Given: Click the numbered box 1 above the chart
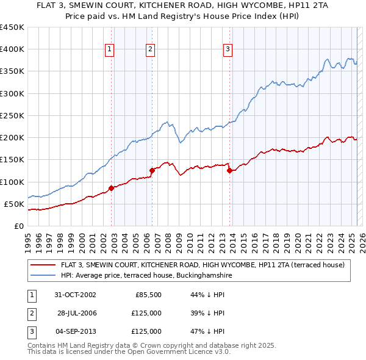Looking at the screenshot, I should [109, 49].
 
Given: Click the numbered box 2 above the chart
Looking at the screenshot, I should [150, 49].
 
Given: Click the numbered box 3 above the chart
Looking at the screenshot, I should [228, 49].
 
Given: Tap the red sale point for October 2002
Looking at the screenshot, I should [112, 188].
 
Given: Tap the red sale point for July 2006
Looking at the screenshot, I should [152, 171].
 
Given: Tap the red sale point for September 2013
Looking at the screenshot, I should [229, 171].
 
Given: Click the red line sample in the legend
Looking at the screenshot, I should [43, 265].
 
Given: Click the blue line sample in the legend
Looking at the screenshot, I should [43, 275].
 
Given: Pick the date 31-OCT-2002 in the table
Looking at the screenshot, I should [76, 295].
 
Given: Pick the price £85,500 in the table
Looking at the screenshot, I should [147, 295].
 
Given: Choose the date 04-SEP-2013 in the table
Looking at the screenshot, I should [76, 331].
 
